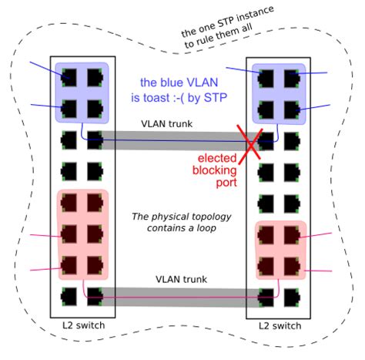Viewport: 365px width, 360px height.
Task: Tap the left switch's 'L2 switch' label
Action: coord(83,325)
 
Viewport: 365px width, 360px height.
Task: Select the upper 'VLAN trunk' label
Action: coord(167,123)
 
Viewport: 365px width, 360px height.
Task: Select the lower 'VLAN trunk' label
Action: coord(182,279)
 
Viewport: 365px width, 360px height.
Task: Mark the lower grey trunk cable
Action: coord(177,294)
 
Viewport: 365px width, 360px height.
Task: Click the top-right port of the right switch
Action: coord(292,77)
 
